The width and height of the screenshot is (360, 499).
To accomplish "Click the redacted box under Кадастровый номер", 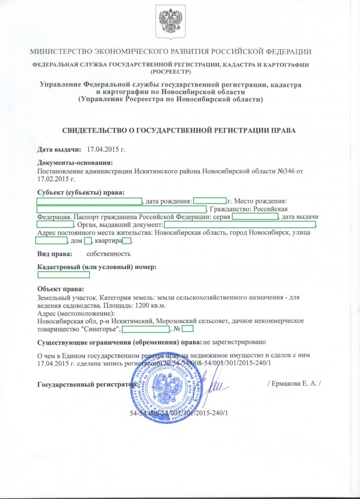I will coord(64,275).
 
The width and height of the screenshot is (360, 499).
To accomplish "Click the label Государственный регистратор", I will coord(87,385).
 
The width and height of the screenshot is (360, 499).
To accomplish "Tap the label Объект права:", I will coord(61,289).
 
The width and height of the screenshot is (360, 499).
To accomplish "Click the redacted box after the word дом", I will coord(88,241).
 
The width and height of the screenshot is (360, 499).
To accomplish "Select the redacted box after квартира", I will coord(127,241).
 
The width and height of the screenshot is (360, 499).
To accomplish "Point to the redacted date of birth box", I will coord(210,200).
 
